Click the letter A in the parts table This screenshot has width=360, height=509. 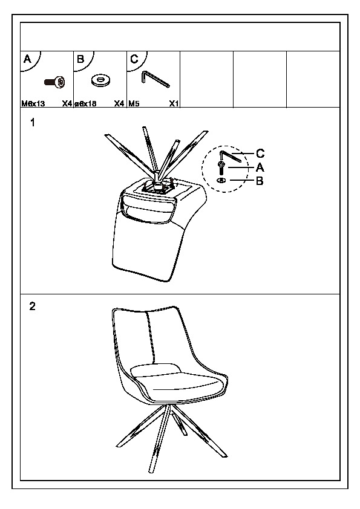pos(28,59)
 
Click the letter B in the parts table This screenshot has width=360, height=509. pos(80,59)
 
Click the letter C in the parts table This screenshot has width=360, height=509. pos(134,59)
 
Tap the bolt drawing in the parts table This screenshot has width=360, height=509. pos(54,82)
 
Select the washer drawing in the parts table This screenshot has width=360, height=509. pos(101,80)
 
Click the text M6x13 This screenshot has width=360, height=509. pos(33,104)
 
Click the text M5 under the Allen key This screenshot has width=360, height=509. pos(134,104)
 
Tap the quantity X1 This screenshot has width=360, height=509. pos(174,104)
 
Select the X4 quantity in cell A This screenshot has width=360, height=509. pos(67,104)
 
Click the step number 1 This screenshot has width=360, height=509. pos(32,123)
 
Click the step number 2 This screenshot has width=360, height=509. pos(32,306)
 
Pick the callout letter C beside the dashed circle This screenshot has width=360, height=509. pos(260,153)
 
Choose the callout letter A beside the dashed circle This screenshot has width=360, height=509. pos(260,167)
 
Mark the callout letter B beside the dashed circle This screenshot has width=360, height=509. pos(260,181)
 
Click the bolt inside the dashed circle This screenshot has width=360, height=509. pos(221,168)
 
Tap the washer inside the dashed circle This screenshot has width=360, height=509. pos(221,180)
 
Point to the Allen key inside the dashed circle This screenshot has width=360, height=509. pos(230,156)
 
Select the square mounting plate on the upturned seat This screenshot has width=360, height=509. pos(157,188)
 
